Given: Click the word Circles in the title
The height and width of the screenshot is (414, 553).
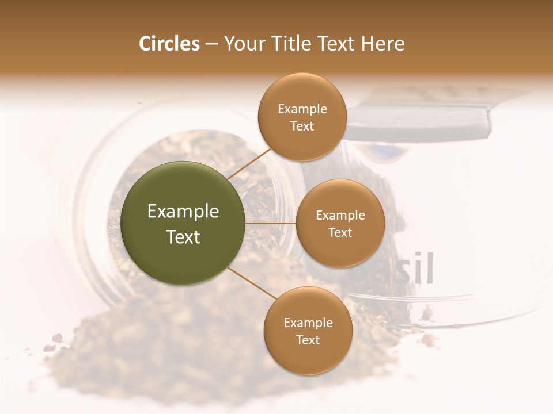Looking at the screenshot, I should [169, 44].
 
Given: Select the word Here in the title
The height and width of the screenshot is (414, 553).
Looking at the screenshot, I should [382, 44].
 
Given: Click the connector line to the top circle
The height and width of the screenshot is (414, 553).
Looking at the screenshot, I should [249, 163].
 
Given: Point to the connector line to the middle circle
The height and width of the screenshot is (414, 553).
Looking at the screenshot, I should [271, 223].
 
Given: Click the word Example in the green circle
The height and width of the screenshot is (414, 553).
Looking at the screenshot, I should [183, 212].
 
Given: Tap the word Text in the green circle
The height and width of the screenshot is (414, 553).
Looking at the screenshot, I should [183, 237].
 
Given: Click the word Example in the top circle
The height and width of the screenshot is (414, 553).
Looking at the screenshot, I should [302, 109].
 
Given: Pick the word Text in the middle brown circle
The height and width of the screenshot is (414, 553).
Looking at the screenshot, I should [340, 232].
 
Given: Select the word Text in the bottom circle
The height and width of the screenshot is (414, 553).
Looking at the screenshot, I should [308, 340].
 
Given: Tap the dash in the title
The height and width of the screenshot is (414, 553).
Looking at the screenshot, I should [211, 44].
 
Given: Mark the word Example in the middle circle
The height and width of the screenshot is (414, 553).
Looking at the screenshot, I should [340, 216].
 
